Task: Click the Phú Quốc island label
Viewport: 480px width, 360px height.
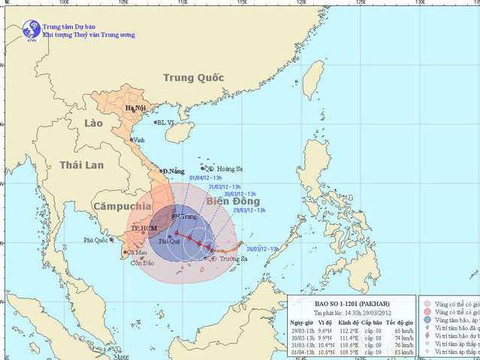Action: click(x=95, y=241)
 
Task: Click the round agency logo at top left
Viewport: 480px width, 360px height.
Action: click(x=31, y=29)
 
